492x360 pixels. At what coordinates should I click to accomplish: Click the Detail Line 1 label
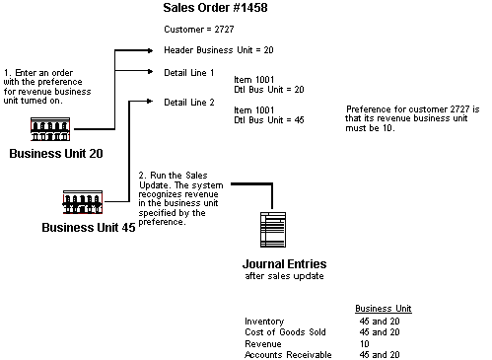click(x=189, y=73)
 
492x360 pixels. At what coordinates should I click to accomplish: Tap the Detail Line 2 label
click(x=189, y=102)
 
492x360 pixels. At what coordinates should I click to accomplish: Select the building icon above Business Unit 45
click(x=84, y=202)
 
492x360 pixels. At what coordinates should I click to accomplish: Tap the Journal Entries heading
click(x=284, y=264)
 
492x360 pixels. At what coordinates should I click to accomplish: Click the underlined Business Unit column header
click(x=383, y=308)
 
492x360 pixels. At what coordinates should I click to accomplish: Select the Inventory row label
click(x=263, y=322)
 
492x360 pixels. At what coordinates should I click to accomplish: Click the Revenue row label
click(x=261, y=343)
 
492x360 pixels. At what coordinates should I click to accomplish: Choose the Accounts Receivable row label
click(x=287, y=354)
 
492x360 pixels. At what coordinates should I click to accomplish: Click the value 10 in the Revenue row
click(x=363, y=343)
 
